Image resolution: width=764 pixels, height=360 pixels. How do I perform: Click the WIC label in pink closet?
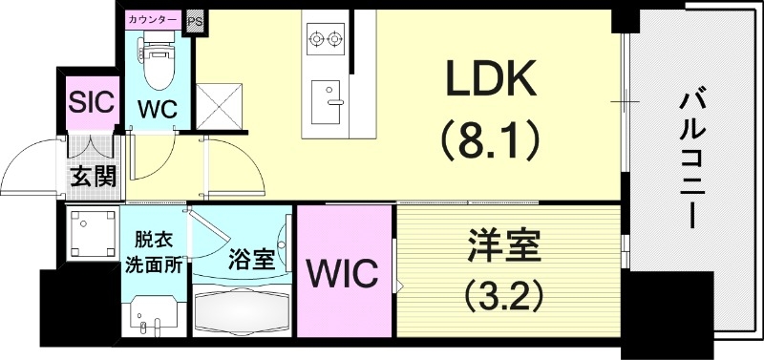coord(343,274)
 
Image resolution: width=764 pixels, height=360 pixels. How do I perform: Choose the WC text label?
coord(157,109)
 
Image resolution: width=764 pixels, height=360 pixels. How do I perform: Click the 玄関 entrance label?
coord(92,177)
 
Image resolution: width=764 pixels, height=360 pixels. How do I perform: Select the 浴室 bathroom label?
coord(252,257)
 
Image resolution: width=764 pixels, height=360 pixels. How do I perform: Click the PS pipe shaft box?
coord(196,20)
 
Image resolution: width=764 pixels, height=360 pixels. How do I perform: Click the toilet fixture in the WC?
coord(156,62)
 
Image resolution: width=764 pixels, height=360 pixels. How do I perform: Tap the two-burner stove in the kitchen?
coord(324,39)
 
